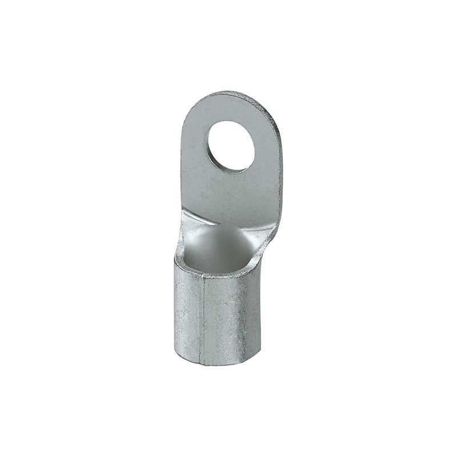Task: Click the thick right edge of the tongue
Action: tap(278, 171)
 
